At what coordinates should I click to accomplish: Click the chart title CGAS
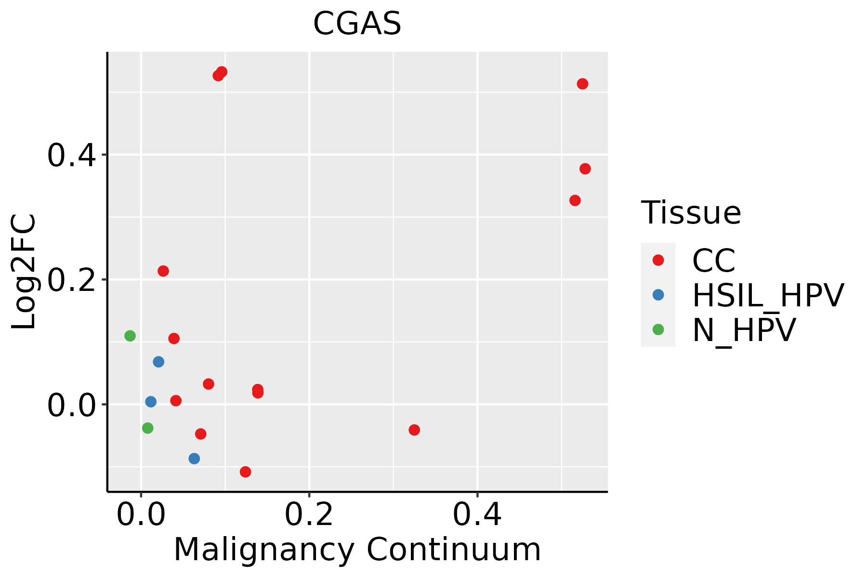point(357,24)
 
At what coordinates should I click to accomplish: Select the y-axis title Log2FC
point(24,272)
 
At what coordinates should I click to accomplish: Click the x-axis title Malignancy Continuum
point(357,550)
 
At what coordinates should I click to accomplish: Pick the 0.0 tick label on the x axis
point(141,515)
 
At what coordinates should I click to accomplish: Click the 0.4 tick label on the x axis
point(477,515)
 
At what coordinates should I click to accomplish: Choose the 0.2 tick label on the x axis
point(309,515)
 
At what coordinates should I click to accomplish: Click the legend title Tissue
point(691,212)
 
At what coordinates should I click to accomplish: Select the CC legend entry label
point(713,261)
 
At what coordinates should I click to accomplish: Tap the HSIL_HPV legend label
point(768,295)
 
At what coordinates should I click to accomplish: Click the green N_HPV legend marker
point(658,329)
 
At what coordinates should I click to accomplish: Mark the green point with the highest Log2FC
point(130,336)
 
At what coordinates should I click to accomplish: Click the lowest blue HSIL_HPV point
point(194,459)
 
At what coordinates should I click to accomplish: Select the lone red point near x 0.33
point(414,430)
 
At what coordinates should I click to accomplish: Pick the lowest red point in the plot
point(246,472)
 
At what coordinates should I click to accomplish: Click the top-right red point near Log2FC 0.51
point(582,84)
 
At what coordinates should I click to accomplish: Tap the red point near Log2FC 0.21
point(163,271)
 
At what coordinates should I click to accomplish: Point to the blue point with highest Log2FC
point(158,362)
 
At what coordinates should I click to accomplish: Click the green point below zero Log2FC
point(148,428)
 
